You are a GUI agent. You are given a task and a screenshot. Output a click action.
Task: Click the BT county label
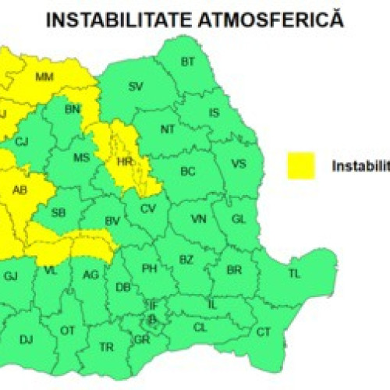click(188, 62)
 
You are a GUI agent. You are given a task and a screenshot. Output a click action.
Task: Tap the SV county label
click(136, 85)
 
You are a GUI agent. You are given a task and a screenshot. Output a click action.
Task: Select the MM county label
click(44, 77)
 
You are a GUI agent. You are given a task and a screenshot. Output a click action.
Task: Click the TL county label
click(294, 274)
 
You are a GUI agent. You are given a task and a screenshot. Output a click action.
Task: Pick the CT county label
click(264, 332)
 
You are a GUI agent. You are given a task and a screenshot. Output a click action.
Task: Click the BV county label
click(113, 221)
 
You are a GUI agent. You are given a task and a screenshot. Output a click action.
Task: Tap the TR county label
click(105, 346)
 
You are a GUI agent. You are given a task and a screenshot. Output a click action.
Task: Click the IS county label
click(214, 113)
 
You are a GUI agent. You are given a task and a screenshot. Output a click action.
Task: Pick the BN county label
click(73, 111)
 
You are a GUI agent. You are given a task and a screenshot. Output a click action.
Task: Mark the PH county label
click(149, 269)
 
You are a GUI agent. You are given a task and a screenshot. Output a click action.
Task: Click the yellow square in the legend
click(300, 165)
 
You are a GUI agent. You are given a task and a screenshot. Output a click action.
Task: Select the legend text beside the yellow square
click(360, 165)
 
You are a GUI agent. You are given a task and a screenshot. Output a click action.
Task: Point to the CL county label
click(200, 328)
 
